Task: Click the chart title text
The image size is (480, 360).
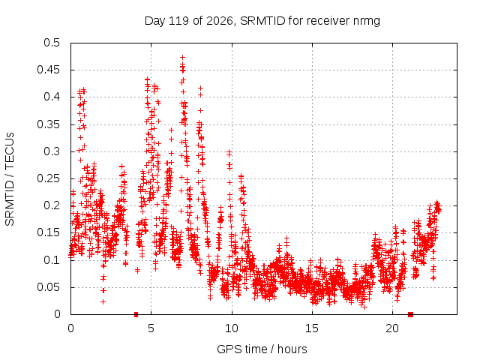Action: point(262,21)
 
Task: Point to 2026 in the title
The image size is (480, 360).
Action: point(219,21)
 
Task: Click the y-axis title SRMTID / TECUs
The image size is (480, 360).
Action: point(10,179)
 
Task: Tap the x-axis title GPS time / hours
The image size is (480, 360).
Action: point(262,349)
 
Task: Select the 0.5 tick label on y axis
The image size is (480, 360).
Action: point(52,43)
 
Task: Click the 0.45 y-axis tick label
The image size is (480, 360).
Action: point(48,70)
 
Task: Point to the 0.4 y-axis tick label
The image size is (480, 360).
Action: point(52,97)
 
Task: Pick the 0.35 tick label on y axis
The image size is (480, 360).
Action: point(48,124)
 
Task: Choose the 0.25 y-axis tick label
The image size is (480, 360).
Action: point(48,178)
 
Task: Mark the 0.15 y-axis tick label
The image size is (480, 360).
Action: point(48,232)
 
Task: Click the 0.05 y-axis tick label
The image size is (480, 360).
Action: point(48,287)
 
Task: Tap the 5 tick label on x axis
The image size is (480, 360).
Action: point(151,328)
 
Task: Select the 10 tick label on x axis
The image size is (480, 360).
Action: point(232,328)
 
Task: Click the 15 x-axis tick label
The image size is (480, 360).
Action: point(312,328)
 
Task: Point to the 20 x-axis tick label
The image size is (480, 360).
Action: point(392,328)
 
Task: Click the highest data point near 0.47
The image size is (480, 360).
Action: point(182,57)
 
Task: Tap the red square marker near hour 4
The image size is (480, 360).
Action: point(136,314)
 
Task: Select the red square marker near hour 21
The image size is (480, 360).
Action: point(411,314)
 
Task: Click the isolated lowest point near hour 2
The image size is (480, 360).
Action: point(103,301)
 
